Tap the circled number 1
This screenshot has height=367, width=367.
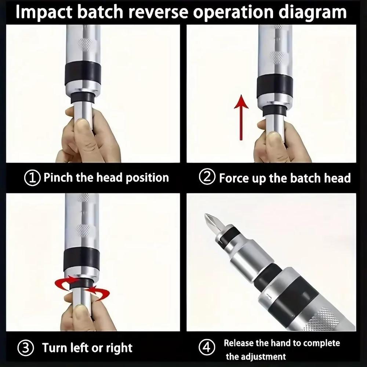pos(32,178)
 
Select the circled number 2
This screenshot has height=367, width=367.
pos(207,178)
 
